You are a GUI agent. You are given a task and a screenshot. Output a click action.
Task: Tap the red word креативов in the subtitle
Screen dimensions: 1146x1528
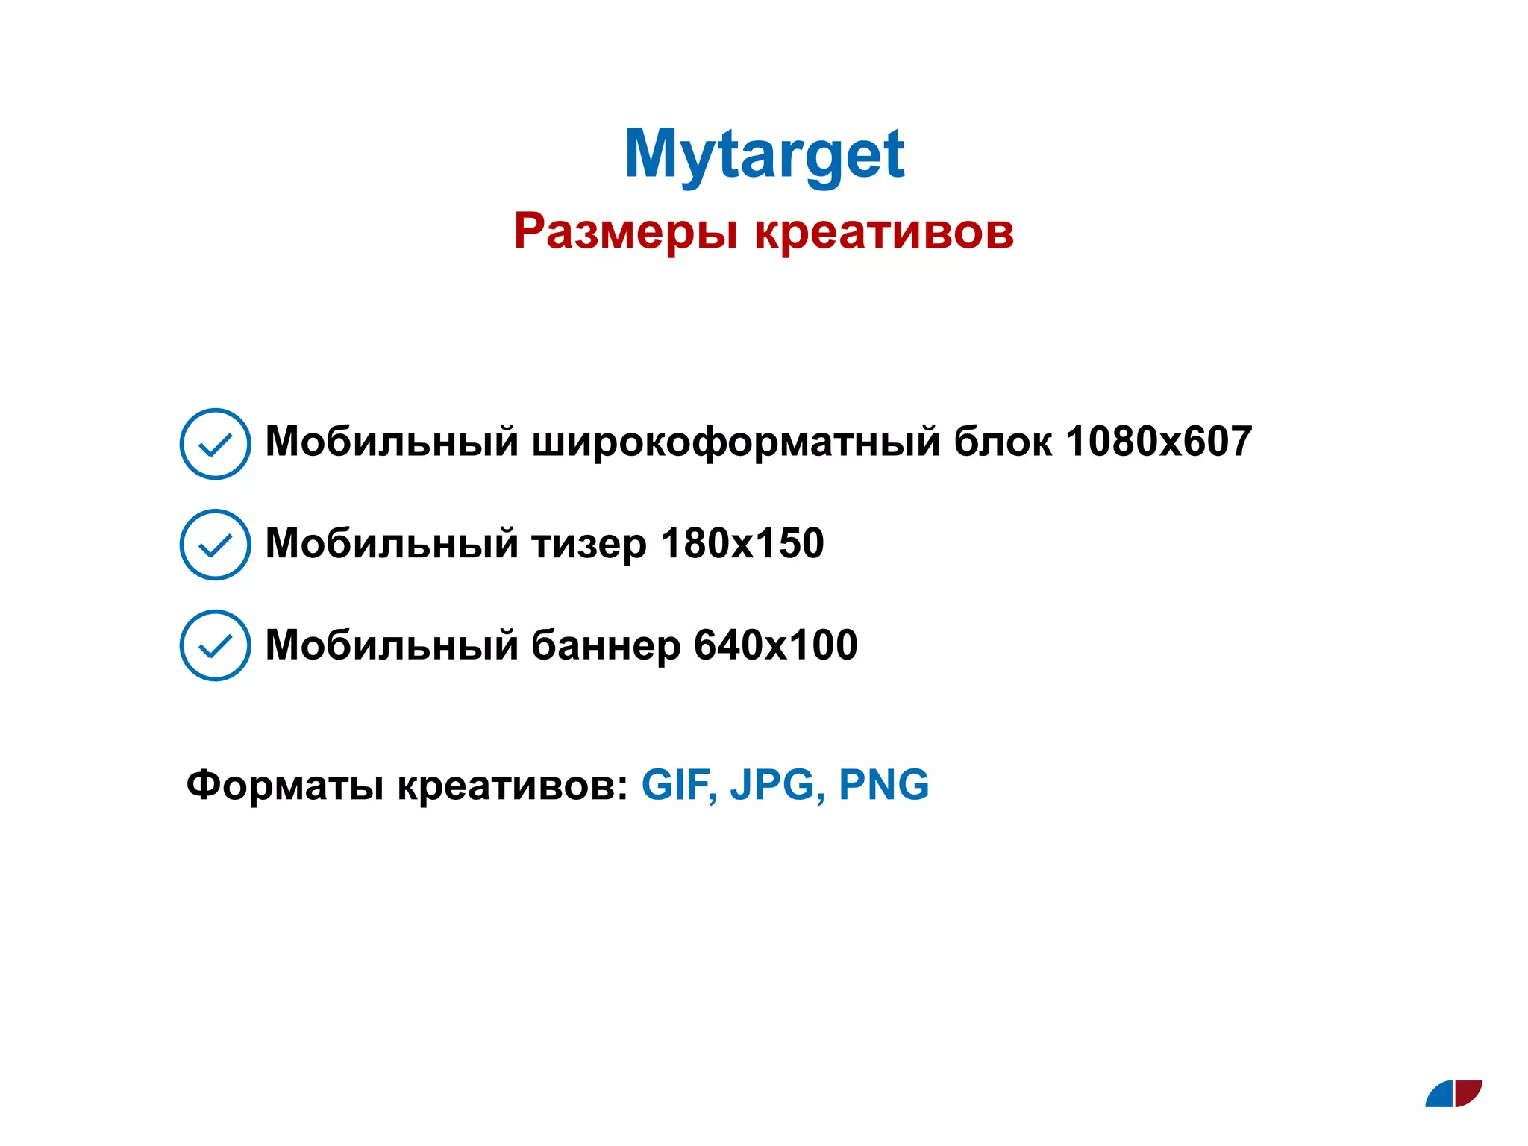click(884, 231)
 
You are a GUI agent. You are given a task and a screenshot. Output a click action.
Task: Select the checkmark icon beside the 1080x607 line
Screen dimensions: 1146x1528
click(215, 444)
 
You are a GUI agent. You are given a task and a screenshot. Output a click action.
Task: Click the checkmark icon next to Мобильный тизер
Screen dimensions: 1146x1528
click(215, 545)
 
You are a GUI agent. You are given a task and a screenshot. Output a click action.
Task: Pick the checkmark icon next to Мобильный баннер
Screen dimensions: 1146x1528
click(215, 645)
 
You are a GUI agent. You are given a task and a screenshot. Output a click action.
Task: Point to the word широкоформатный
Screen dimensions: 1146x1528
click(736, 442)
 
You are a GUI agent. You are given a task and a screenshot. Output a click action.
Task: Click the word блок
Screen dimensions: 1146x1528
click(1003, 442)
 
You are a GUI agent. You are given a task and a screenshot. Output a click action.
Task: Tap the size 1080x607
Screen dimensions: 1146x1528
click(1159, 442)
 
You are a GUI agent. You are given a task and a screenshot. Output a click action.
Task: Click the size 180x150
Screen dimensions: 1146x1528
click(742, 543)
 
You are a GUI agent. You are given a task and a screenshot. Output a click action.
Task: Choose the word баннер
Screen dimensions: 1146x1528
click(605, 645)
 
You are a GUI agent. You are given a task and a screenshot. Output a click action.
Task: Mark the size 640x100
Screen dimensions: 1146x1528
click(776, 645)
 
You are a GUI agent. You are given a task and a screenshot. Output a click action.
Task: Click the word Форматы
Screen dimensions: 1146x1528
click(285, 786)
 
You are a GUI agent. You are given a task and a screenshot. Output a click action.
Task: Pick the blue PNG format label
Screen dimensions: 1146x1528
click(884, 785)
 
